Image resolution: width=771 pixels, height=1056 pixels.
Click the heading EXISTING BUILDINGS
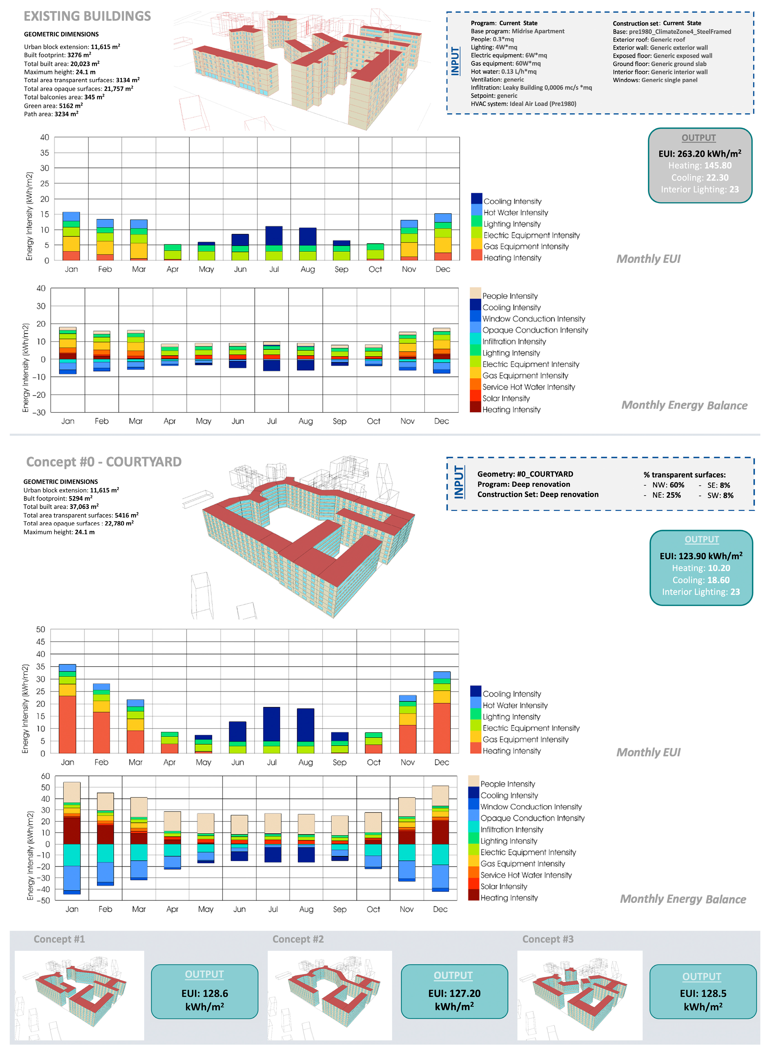[x=87, y=16]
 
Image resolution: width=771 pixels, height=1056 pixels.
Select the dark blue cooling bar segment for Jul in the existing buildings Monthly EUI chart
[x=274, y=236]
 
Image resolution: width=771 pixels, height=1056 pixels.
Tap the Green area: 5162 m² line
[x=53, y=106]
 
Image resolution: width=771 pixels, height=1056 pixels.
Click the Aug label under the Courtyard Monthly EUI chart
[x=306, y=762]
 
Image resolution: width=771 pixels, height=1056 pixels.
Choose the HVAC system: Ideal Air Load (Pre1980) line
[x=523, y=104]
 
